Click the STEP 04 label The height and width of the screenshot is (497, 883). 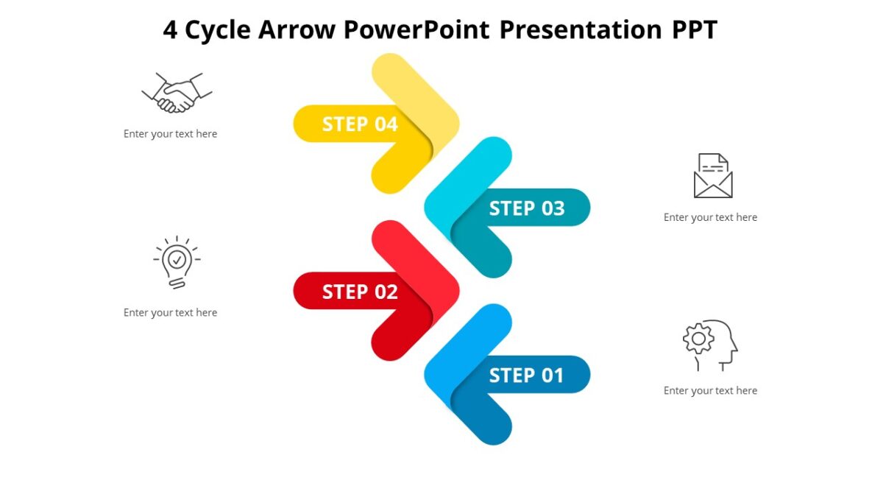click(x=360, y=124)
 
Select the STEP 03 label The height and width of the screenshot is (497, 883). click(x=527, y=208)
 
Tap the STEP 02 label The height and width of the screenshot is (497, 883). click(x=360, y=292)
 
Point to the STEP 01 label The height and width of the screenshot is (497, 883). click(x=527, y=376)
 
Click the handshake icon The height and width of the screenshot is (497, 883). click(x=177, y=93)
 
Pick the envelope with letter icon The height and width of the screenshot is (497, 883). click(x=713, y=176)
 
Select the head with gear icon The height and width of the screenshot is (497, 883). click(x=710, y=345)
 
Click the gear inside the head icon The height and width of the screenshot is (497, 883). click(x=698, y=339)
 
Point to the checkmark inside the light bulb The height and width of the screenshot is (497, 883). click(x=177, y=259)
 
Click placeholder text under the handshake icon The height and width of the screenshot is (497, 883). click(x=170, y=134)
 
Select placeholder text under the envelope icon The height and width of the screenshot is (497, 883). click(x=710, y=217)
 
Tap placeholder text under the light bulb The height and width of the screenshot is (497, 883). click(x=170, y=312)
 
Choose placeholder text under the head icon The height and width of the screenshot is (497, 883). click(x=710, y=390)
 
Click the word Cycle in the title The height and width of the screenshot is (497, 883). click(x=219, y=30)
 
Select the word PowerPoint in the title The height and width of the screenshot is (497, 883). click(x=417, y=30)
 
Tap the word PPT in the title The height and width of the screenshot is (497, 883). click(x=694, y=30)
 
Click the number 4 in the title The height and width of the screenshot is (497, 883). click(x=170, y=30)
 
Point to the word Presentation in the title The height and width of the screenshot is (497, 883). click(x=581, y=30)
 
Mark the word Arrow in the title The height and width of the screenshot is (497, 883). click(x=297, y=30)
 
